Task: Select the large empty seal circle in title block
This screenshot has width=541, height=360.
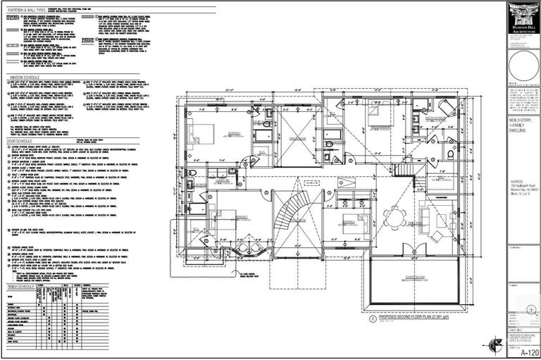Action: pyautogui.click(x=523, y=63)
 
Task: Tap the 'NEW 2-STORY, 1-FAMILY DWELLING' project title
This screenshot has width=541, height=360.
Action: pyautogui.click(x=519, y=130)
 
